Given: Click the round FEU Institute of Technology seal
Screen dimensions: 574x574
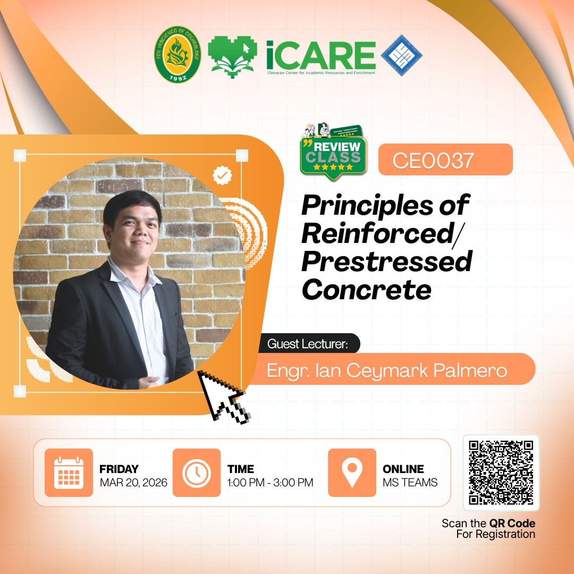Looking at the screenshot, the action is coord(178,54).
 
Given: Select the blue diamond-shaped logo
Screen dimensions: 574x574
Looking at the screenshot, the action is coord(402,55).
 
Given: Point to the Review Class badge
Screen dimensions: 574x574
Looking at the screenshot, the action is coord(333,153).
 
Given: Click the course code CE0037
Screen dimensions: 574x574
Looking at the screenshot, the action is coord(433,161).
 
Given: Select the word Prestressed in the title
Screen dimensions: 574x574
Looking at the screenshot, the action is coord(387,261).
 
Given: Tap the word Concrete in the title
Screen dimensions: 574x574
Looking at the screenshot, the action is coord(366,290).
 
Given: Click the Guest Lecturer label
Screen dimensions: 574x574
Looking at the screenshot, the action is coord(308,344).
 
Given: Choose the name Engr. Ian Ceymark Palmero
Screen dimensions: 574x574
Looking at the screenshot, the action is coord(387,370).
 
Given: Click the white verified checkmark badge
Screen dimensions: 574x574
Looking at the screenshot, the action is coord(222,175).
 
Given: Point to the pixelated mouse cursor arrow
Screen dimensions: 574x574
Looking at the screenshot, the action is coord(223,396).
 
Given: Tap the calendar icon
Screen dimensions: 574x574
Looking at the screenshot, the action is coord(69,472).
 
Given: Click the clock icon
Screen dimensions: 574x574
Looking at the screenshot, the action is coord(197,472).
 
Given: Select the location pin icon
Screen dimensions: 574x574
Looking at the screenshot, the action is coord(352,472).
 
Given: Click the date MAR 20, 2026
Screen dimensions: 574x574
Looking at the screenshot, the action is coord(133,483).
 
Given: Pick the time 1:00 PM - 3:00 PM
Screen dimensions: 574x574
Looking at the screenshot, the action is coord(270,483).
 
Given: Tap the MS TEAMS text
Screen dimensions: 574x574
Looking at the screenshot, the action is coord(410,483).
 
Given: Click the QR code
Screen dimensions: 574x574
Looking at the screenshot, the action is coord(501,472).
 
